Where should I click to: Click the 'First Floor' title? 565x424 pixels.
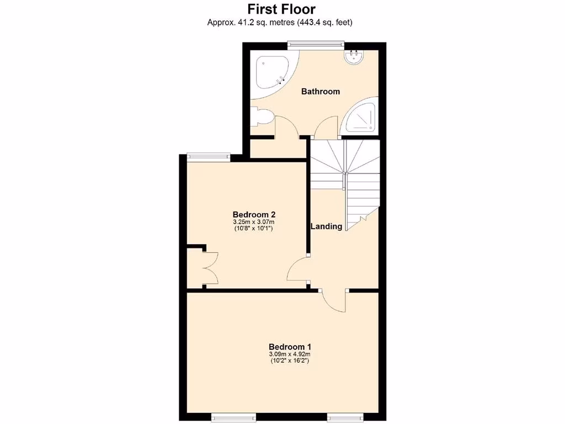(x=281, y=9)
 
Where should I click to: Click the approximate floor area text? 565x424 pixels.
(x=280, y=23)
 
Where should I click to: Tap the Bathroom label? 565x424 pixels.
(x=320, y=92)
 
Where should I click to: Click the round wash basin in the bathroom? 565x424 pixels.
(x=354, y=56)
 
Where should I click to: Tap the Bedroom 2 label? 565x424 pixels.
(x=254, y=214)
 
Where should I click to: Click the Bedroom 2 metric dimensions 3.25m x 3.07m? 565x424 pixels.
(x=254, y=222)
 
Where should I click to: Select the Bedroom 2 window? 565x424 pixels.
(x=209, y=155)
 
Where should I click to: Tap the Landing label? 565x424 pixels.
(x=326, y=226)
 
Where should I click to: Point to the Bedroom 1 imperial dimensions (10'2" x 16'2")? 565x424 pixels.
(x=289, y=361)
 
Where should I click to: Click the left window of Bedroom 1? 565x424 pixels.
(x=230, y=415)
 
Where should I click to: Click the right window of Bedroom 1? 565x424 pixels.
(x=343, y=415)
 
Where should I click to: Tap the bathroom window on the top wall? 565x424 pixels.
(x=316, y=44)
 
